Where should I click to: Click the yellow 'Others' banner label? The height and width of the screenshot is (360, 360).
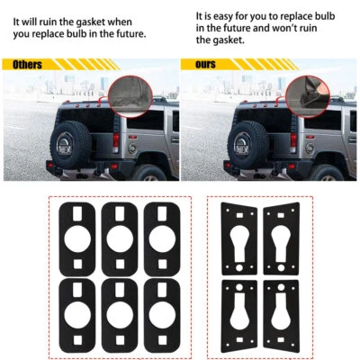coord(28,65)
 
